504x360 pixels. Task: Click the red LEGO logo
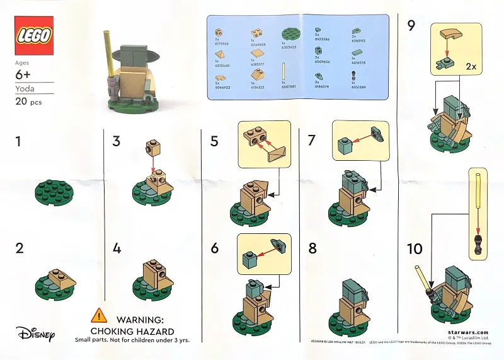34,35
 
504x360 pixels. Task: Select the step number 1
18,142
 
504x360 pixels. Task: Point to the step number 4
117,248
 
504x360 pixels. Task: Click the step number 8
312,248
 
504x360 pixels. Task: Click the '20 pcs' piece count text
28,103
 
